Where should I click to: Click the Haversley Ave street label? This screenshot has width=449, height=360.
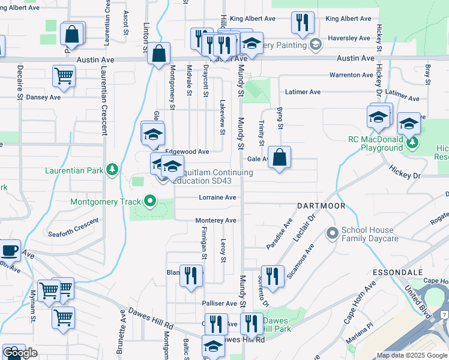point(348,38)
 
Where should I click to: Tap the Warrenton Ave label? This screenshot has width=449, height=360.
point(351,75)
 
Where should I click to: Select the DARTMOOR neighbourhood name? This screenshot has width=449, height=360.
point(322,206)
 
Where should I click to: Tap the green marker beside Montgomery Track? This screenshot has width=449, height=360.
point(149,202)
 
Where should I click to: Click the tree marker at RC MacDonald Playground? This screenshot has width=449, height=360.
point(412,143)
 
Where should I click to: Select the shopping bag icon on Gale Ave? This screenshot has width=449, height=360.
point(279,158)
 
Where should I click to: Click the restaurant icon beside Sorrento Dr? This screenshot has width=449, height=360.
point(273,276)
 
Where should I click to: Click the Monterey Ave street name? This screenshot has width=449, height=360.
point(215,221)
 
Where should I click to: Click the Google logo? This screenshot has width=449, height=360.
point(20,353)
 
